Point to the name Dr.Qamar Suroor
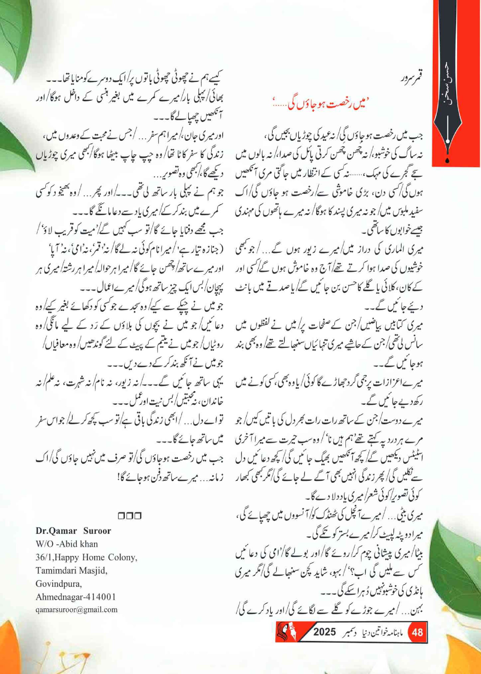tap(73, 531)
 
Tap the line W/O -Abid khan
tap(67, 544)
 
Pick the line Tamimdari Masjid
tap(71, 570)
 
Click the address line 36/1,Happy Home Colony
tap(86, 557)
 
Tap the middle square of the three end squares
tap(129, 516)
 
